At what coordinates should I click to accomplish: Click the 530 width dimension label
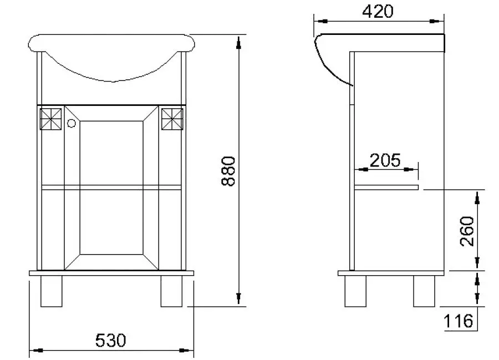click(111, 339)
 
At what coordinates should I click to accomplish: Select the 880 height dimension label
click(229, 171)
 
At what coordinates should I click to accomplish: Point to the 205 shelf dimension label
click(385, 160)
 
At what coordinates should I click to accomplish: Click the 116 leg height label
click(458, 321)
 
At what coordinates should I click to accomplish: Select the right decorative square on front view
click(172, 118)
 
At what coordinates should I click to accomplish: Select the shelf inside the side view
click(386, 187)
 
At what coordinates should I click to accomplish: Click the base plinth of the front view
click(111, 273)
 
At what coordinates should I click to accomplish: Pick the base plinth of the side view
click(391, 273)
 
